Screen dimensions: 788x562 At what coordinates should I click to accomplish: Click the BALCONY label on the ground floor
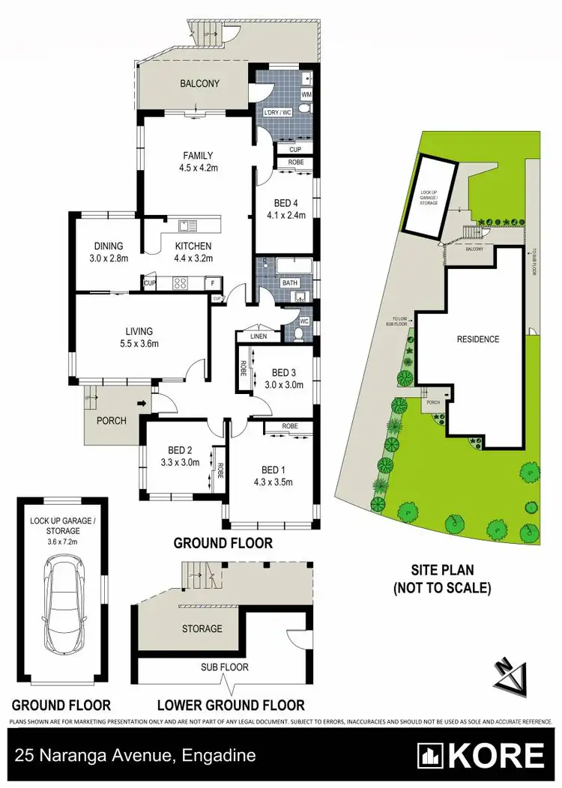pyautogui.click(x=199, y=83)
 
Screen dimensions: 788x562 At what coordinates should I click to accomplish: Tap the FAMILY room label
pyautogui.click(x=198, y=156)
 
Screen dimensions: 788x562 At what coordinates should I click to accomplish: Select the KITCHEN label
pyautogui.click(x=193, y=246)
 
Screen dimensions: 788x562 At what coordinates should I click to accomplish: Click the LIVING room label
pyautogui.click(x=139, y=331)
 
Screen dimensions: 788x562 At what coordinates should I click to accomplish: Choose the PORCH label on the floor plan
pyautogui.click(x=112, y=420)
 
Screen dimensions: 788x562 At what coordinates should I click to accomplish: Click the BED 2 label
pyautogui.click(x=180, y=450)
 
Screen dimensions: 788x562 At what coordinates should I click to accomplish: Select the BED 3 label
pyautogui.click(x=285, y=372)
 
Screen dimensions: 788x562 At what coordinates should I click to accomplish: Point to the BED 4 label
pyautogui.click(x=285, y=201)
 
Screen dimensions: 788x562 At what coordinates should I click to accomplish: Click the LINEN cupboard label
pyautogui.click(x=258, y=336)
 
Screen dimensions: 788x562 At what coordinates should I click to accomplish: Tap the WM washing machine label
pyautogui.click(x=306, y=95)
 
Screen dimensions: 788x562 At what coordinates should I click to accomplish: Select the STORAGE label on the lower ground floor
pyautogui.click(x=202, y=628)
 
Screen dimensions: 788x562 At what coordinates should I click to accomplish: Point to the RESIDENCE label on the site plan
pyautogui.click(x=477, y=339)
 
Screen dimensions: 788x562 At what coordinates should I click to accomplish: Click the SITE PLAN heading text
pyautogui.click(x=442, y=579)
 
